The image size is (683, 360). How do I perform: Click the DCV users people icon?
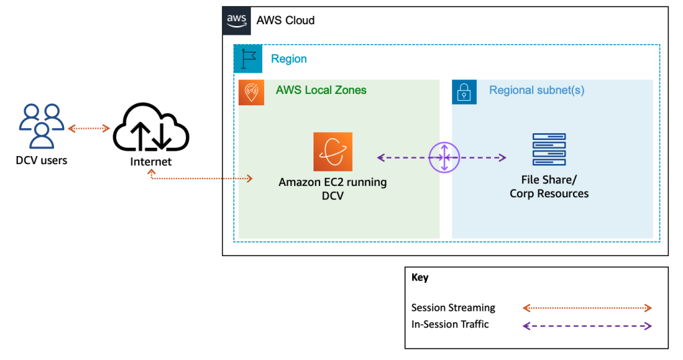(x=41, y=126)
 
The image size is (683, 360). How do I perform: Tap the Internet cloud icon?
(x=151, y=129)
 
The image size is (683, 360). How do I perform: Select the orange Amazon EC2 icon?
(x=333, y=152)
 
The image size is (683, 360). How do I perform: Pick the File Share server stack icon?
(x=549, y=149)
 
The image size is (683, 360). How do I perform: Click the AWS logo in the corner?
(x=236, y=20)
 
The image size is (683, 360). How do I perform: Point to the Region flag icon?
(x=247, y=59)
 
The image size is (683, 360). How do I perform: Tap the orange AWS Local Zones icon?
(x=251, y=93)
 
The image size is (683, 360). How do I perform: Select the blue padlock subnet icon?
(x=464, y=93)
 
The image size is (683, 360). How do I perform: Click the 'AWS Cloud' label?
(x=285, y=21)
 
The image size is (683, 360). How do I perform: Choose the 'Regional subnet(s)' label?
(x=536, y=90)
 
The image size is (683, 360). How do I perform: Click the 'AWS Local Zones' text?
(x=321, y=90)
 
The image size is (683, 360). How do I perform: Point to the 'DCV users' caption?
(x=41, y=161)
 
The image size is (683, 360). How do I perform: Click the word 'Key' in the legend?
(x=420, y=278)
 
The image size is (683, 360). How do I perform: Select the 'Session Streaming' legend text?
(x=453, y=308)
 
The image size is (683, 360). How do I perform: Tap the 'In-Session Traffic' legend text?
(x=450, y=325)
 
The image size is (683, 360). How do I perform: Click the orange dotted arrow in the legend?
(x=586, y=308)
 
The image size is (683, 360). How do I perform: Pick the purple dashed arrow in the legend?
(x=586, y=326)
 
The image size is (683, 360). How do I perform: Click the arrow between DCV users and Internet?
(x=89, y=128)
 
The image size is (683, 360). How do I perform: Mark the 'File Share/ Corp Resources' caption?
(x=549, y=187)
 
